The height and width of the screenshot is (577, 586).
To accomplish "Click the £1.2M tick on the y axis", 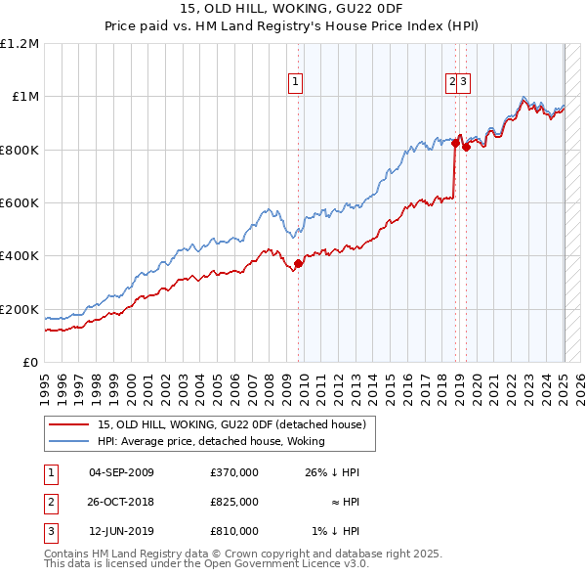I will [x=20, y=43].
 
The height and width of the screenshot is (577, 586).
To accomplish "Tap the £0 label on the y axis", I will [x=29, y=362].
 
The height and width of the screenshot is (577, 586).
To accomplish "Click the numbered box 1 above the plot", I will [x=295, y=84].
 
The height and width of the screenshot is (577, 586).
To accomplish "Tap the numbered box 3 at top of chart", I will [x=464, y=84].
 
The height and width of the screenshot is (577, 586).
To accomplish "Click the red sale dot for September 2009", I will [x=298, y=263].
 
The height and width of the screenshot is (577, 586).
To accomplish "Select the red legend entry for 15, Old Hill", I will [x=231, y=424].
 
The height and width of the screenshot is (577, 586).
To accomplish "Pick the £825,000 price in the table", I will [x=234, y=502].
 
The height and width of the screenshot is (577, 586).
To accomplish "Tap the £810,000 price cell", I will [x=234, y=531].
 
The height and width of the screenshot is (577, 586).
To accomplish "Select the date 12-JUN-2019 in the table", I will [x=121, y=531].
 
